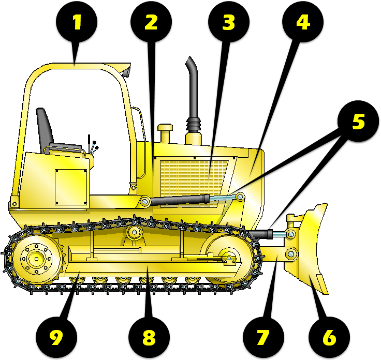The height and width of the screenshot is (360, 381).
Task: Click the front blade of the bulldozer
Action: coord(313,248)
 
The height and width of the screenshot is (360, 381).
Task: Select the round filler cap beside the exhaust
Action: coord(166,132)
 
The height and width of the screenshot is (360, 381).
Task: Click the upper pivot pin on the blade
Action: coord(290,235)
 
